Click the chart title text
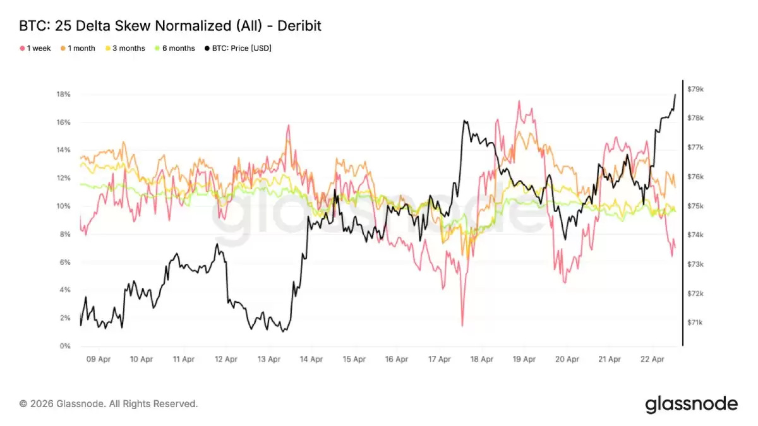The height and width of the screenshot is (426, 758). click(x=171, y=26)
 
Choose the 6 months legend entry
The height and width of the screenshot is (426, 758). click(x=175, y=49)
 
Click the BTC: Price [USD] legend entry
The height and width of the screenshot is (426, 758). click(x=238, y=49)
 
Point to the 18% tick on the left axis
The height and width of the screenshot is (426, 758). click(x=63, y=95)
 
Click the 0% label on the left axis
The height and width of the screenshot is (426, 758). click(x=65, y=346)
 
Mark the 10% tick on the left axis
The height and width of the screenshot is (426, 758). click(x=63, y=206)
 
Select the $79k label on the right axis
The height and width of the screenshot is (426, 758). click(x=695, y=90)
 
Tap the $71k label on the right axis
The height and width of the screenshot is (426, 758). click(x=695, y=322)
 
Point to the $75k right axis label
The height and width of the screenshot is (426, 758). click(x=695, y=206)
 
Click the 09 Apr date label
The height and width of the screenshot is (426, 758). click(x=99, y=359)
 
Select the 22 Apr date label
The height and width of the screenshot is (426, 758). click(x=653, y=359)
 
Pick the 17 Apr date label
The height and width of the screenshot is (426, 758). click(x=440, y=359)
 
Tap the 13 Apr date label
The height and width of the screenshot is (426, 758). click(x=269, y=359)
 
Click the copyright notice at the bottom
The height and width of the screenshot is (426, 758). click(x=109, y=403)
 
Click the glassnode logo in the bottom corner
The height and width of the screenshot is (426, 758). click(x=691, y=404)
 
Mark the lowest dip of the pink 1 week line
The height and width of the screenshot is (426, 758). click(x=462, y=326)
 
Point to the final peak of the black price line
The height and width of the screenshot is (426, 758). click(x=675, y=95)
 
